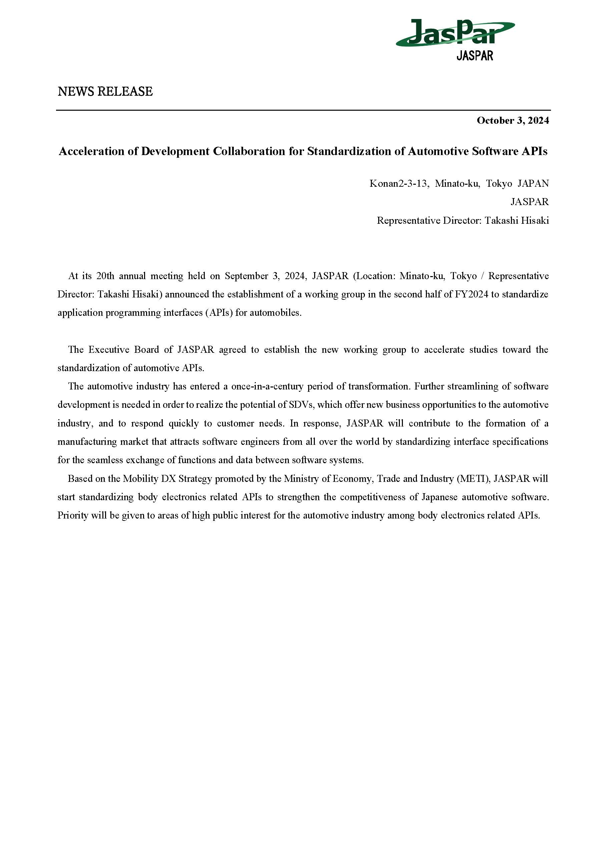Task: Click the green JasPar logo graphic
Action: coord(455,33)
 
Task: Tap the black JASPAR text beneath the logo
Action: coord(475,56)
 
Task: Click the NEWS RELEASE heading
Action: coord(105,91)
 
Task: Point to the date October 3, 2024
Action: coord(512,120)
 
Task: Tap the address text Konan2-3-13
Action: coord(398,184)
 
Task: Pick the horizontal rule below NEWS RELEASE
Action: coord(303,110)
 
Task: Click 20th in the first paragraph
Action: coord(105,276)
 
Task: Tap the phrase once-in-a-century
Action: coord(267,386)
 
